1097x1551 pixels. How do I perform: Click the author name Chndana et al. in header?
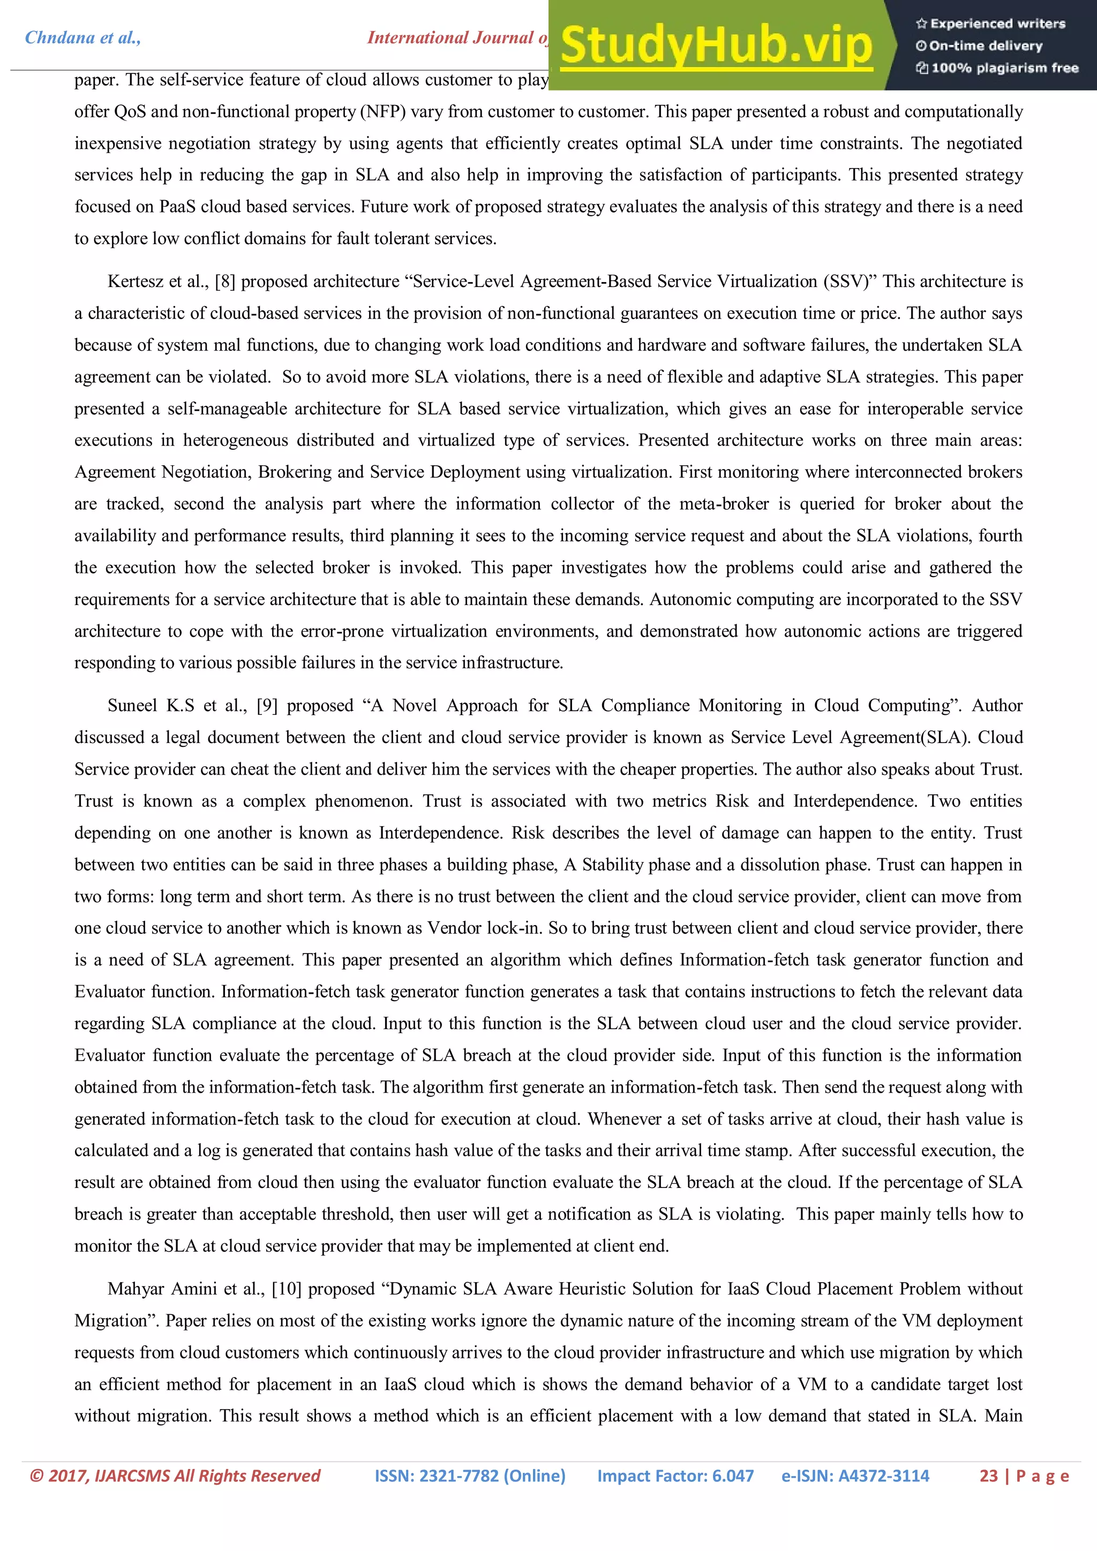[82, 38]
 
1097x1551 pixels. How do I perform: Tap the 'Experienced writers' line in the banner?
[990, 24]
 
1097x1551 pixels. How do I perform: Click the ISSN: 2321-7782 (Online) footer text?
[470, 1476]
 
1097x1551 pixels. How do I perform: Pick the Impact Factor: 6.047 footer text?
[675, 1476]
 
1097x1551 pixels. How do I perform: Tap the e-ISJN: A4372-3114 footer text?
[855, 1476]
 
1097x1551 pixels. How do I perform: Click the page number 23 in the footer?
[988, 1476]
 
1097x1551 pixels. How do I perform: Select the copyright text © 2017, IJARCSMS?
[175, 1476]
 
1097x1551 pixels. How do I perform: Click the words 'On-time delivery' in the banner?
[985, 46]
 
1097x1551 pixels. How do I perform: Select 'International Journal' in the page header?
[451, 38]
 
